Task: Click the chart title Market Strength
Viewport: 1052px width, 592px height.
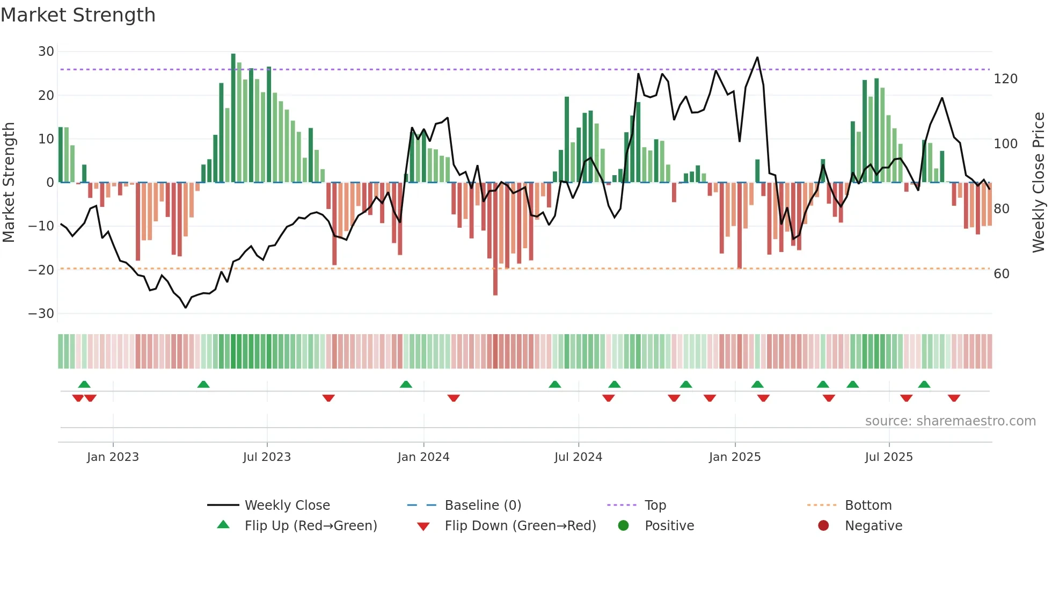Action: point(78,15)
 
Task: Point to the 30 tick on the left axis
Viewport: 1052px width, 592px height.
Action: point(46,52)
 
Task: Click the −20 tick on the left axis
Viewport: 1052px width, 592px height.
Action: point(41,270)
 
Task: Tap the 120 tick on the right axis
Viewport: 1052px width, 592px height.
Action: point(1005,79)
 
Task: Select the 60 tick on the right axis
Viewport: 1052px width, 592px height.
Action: point(1001,274)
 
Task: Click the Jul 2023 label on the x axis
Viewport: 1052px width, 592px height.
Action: point(267,457)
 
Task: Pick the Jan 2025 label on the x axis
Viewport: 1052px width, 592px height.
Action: point(734,457)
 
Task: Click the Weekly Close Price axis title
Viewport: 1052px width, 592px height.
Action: point(1039,183)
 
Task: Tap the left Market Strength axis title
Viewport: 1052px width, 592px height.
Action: point(9,183)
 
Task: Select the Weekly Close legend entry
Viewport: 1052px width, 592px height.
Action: point(287,506)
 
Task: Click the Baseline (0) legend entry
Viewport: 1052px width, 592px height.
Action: point(483,506)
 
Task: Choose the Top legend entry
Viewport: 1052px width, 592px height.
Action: point(655,506)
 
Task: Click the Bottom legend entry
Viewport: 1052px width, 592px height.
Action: point(868,506)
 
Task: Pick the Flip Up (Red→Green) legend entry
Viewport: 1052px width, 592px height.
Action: point(310,526)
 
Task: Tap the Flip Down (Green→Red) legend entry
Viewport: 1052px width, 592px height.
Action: point(520,526)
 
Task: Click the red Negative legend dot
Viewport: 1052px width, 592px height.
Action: point(823,525)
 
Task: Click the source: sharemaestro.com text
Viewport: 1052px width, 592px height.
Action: point(950,421)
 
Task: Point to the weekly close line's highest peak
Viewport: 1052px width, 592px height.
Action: point(757,57)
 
